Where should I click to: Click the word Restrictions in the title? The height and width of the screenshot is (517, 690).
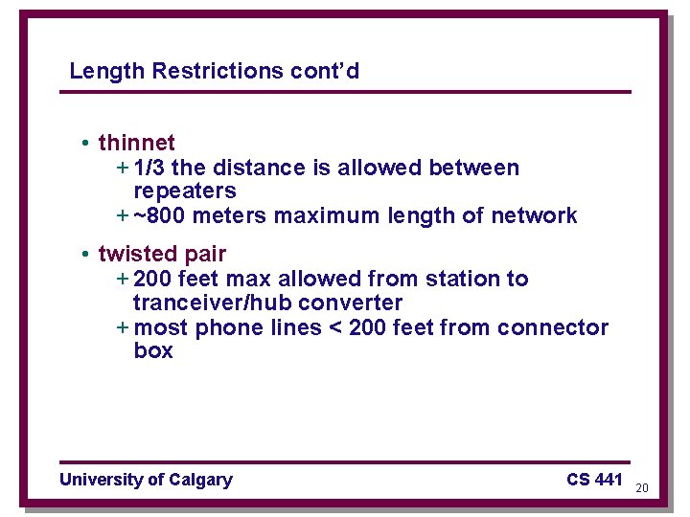click(217, 71)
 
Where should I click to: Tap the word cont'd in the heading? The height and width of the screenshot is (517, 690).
click(328, 71)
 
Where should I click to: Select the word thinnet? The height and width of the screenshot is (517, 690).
click(136, 144)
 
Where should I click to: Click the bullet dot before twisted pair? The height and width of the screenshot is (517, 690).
click(85, 254)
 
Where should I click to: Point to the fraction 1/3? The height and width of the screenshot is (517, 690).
click(149, 168)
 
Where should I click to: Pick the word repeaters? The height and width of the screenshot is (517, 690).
click(184, 191)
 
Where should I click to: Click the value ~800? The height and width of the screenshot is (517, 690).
click(160, 216)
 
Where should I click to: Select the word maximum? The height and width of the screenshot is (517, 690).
click(327, 216)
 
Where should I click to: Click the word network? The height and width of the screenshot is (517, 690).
click(534, 216)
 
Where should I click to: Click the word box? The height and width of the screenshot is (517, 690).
click(153, 351)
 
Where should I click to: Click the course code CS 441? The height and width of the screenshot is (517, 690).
click(594, 479)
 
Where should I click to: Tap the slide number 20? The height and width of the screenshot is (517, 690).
click(642, 488)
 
